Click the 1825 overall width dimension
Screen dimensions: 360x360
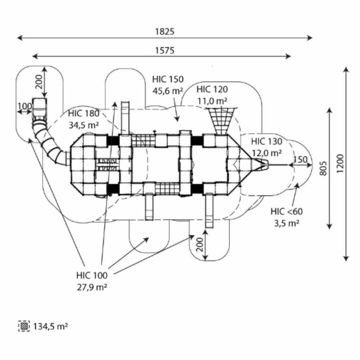point(165,32)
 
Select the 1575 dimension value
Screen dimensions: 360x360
point(165,50)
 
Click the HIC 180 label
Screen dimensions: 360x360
point(83,113)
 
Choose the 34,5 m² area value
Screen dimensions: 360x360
point(83,125)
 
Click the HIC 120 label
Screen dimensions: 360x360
point(212,89)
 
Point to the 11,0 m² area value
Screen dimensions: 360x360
point(212,100)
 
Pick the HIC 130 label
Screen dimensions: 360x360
point(267,141)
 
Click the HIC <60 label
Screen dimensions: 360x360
point(287,212)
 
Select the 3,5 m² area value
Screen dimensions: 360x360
point(287,223)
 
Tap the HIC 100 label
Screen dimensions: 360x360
point(92,275)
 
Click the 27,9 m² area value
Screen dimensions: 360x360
point(92,287)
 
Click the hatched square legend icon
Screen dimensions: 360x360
point(24,326)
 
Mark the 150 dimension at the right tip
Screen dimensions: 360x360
point(300,159)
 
